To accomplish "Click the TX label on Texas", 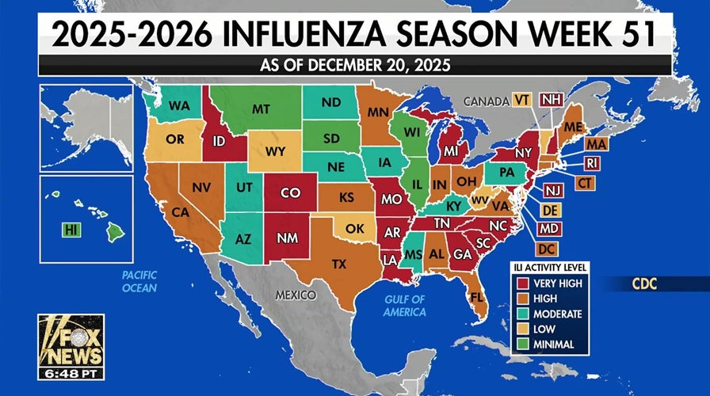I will (338, 264).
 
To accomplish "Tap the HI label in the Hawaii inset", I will (71, 230).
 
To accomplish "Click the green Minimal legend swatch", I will (522, 345).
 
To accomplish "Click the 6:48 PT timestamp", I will (71, 372).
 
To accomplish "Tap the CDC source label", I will (642, 283).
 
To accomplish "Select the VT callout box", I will (521, 100).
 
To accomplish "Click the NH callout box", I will (550, 100).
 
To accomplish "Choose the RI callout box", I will (592, 163).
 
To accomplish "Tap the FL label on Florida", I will (476, 298).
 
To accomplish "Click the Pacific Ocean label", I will (139, 281).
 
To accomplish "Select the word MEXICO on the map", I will (296, 295).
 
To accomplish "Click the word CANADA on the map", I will (485, 101).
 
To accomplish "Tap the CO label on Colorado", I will (291, 192).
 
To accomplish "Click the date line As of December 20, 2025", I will (355, 65).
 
